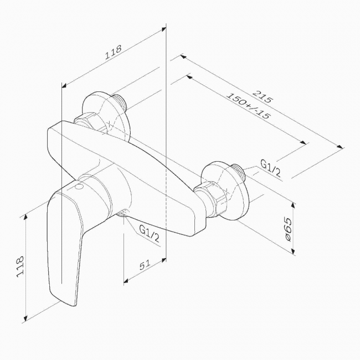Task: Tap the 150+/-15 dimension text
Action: pos(248,105)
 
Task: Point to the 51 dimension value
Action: pos(145,265)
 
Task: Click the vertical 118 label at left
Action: pos(20,266)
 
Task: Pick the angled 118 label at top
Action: pos(113,53)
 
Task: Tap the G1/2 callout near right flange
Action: pos(270,168)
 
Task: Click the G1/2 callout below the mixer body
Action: pos(150,233)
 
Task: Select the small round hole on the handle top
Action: pos(80,187)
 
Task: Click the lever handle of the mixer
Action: pos(64,243)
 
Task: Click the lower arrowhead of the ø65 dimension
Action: pos(293,251)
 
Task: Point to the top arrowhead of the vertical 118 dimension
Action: pos(25,217)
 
